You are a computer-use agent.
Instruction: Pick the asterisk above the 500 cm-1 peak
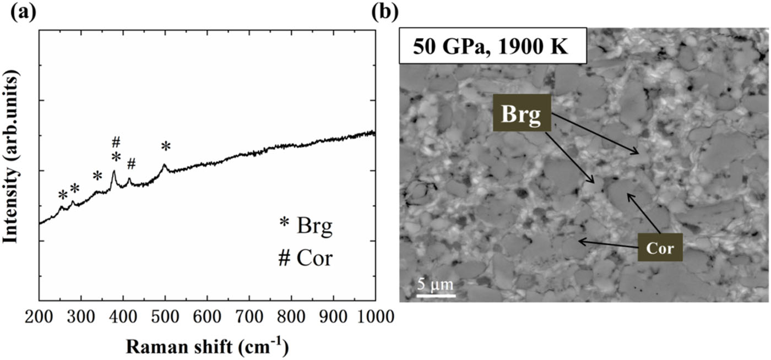(x=166, y=147)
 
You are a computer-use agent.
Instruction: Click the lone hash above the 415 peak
(x=131, y=163)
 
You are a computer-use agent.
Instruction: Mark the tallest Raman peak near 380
(x=114, y=172)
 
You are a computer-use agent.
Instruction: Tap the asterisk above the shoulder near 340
(x=97, y=177)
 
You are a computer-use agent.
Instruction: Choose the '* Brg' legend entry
(x=306, y=226)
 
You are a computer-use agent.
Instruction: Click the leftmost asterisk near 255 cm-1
(x=63, y=195)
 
